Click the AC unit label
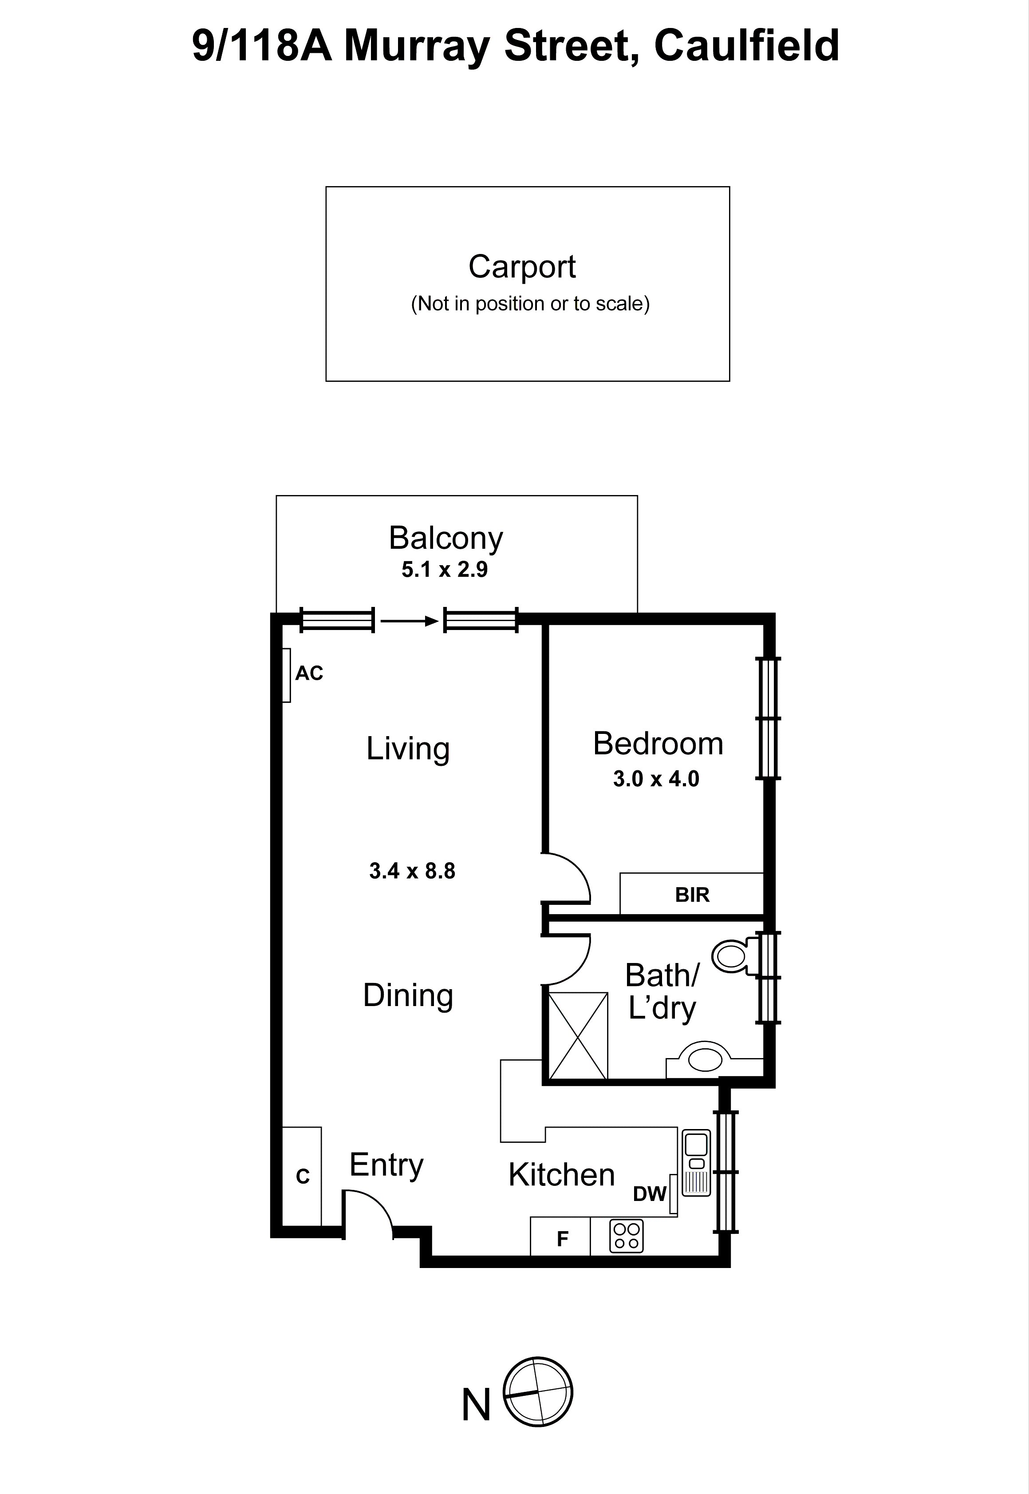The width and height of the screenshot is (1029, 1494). (x=309, y=674)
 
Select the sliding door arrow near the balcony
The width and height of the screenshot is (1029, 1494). (x=409, y=621)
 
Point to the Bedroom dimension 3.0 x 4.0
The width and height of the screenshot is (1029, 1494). (x=656, y=779)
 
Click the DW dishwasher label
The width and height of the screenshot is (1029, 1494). (x=649, y=1194)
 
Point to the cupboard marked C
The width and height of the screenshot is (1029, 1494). (x=302, y=1177)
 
